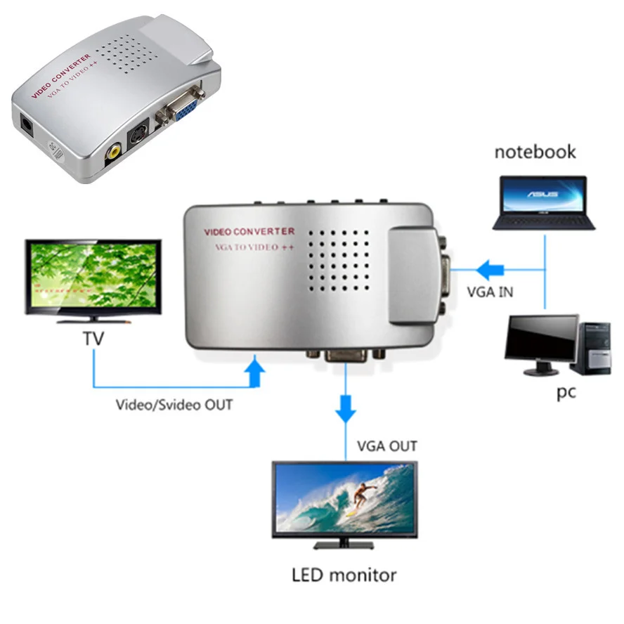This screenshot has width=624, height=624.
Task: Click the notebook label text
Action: pos(535,152)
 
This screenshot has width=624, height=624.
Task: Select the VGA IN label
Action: pos(489,291)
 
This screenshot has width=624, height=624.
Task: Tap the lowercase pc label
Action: pos(566,391)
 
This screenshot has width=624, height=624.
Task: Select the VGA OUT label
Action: pos(386,446)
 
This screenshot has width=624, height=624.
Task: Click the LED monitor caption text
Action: pos(344,575)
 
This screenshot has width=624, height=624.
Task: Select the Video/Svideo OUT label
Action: pos(174,405)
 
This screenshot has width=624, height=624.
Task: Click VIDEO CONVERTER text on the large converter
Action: pos(249,231)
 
